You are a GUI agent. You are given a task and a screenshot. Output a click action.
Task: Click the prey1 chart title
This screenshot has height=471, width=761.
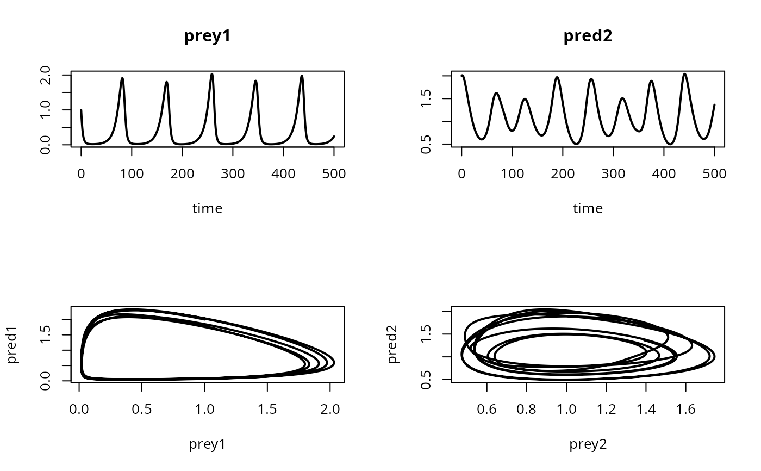tap(207, 36)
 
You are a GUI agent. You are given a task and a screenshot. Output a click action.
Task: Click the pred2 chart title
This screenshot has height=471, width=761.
tap(588, 36)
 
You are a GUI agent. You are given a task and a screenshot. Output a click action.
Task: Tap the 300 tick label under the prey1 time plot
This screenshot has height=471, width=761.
tap(233, 174)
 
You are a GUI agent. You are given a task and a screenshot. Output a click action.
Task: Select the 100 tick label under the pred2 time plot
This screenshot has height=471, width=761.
tap(512, 174)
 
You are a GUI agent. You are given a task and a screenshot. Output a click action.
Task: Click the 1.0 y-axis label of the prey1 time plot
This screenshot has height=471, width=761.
tap(46, 110)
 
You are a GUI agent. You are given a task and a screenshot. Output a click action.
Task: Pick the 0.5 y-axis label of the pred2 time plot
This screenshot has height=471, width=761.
tap(426, 144)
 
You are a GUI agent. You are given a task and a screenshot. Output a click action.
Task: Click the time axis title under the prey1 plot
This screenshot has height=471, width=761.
tap(207, 208)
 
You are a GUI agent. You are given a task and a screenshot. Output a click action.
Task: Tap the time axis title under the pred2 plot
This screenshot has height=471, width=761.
tap(588, 208)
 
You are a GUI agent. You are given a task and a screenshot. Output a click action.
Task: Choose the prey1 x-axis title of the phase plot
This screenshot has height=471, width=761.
tap(207, 444)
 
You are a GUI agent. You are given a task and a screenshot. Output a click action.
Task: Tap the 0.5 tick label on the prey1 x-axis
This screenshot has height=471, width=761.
tap(142, 410)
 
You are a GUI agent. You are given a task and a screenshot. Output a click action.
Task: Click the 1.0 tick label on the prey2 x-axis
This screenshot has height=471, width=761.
tap(566, 410)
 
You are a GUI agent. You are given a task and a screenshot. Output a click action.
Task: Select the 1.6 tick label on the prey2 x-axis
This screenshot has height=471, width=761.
tap(685, 410)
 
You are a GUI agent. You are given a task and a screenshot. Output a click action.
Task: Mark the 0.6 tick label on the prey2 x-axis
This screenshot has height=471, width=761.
tap(487, 410)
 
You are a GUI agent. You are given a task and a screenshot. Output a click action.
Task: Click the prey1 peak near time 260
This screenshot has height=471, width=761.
tap(212, 75)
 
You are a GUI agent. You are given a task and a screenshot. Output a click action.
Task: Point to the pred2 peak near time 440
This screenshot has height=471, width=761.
tap(685, 74)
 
